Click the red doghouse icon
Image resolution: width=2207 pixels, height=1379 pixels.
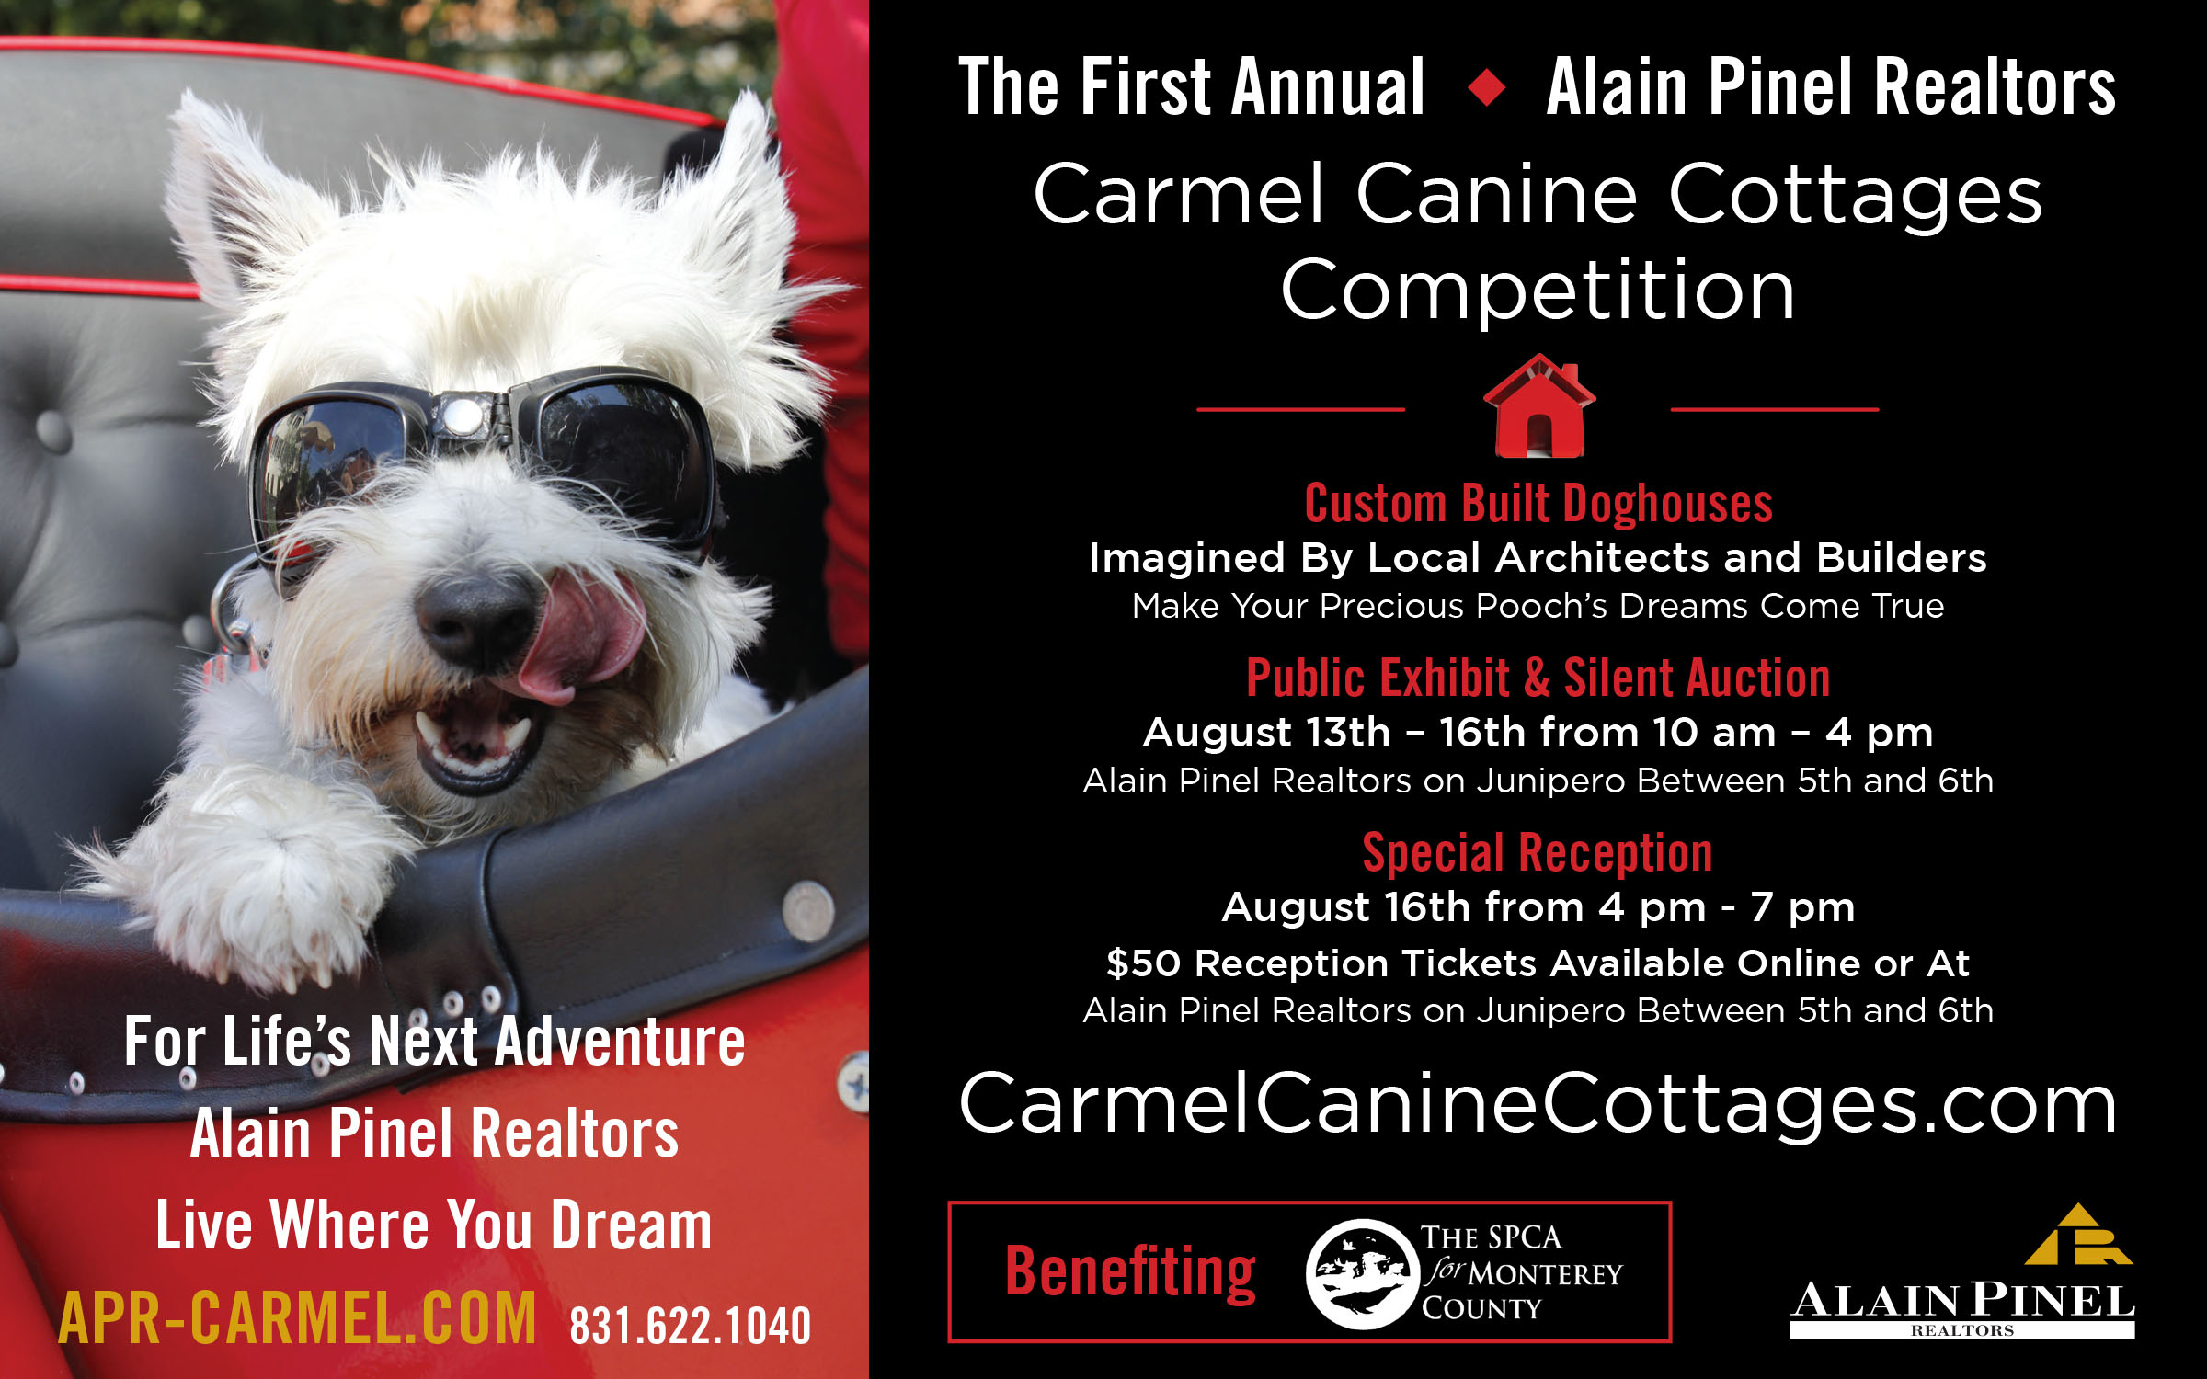point(1539,405)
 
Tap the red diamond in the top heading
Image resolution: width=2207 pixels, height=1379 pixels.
point(1487,88)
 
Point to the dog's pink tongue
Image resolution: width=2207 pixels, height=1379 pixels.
point(579,634)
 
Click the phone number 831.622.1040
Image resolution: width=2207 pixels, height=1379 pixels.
point(691,1326)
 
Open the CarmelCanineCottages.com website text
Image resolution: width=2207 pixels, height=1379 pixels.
point(1538,1104)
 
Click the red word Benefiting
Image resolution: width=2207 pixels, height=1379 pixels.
point(1130,1272)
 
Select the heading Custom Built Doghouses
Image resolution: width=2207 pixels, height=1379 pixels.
point(1538,504)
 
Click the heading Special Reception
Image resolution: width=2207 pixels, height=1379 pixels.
point(1538,853)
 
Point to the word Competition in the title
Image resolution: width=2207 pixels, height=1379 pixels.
point(1538,292)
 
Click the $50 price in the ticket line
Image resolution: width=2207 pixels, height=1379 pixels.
point(1143,963)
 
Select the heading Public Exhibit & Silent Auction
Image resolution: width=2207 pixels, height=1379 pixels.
point(1538,678)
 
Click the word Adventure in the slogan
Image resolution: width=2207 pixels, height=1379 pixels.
point(621,1042)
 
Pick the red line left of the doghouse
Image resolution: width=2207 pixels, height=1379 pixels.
point(1300,409)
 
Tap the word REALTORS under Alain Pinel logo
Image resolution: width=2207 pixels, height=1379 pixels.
point(1962,1330)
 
